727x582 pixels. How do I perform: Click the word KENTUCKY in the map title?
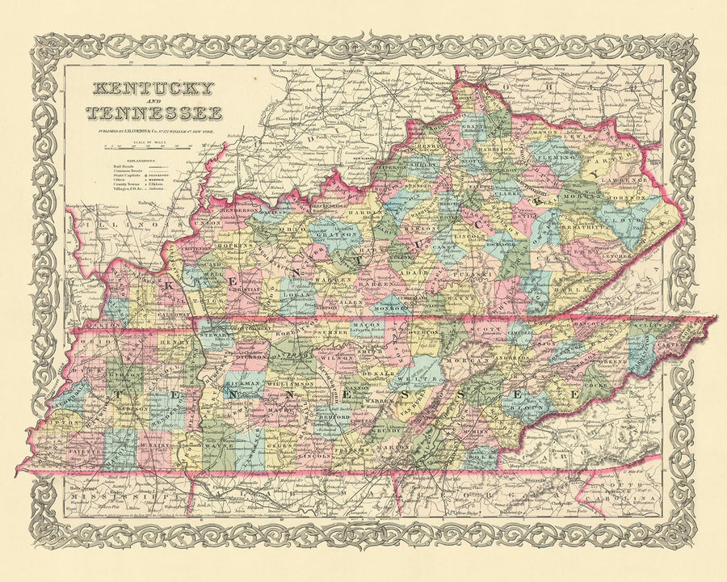[153, 88]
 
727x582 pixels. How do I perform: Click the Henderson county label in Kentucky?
[242, 212]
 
